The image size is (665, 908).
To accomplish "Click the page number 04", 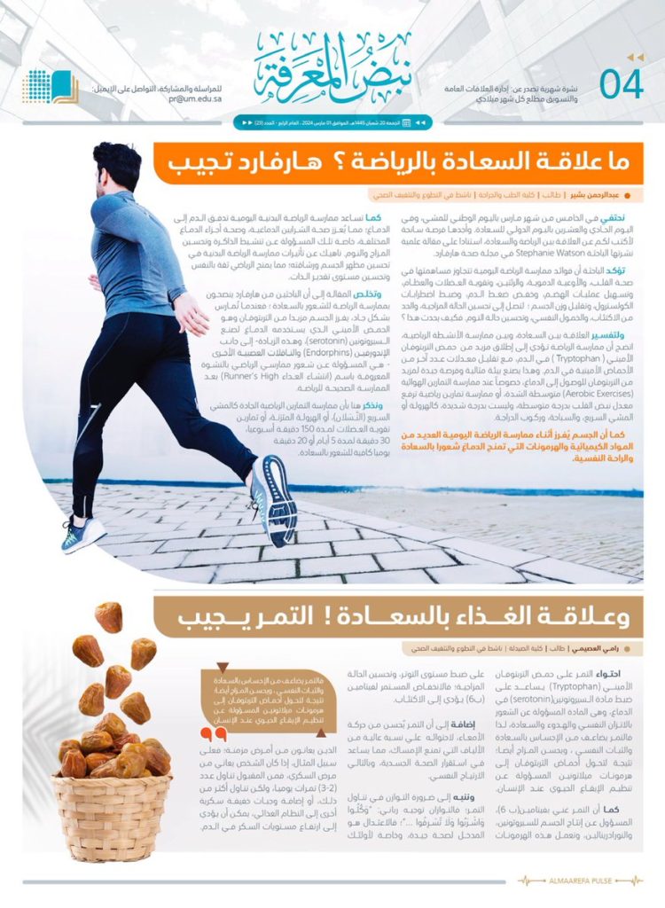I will click(x=621, y=84).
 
